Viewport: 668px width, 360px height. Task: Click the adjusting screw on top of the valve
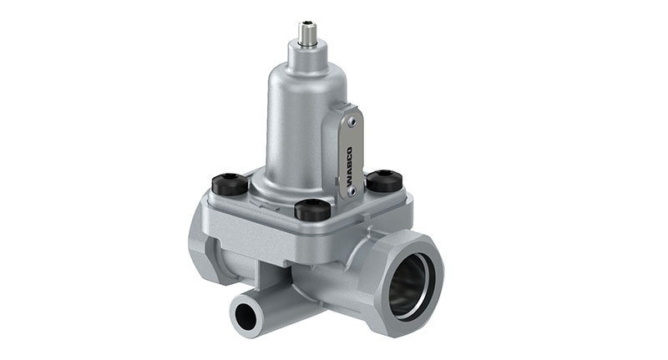(306, 33)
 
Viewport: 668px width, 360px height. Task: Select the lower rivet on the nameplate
(352, 191)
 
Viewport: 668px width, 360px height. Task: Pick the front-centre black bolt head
(311, 209)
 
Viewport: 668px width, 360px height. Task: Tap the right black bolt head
(384, 180)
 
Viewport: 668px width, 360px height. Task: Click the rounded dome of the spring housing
(305, 84)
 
